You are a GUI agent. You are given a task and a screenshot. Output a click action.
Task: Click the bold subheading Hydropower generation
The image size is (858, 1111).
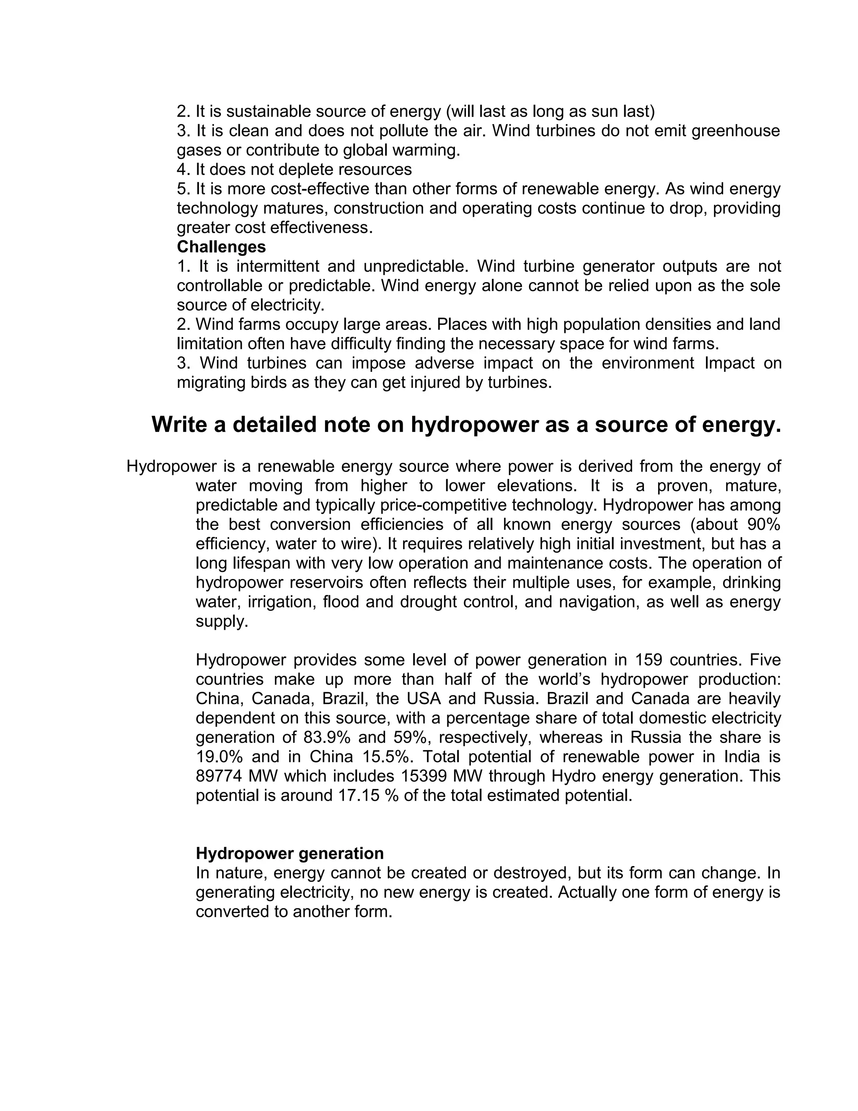(x=290, y=853)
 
